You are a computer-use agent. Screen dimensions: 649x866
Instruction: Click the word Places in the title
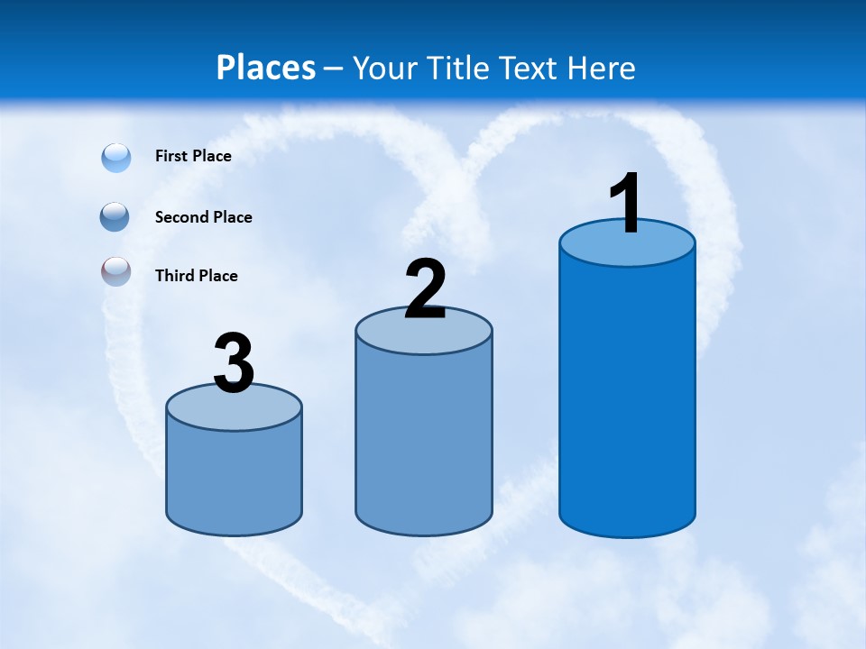(266, 68)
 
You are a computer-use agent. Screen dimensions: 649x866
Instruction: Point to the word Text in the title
(531, 68)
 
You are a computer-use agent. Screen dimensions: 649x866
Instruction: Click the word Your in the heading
(384, 68)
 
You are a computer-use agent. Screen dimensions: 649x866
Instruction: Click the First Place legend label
(193, 156)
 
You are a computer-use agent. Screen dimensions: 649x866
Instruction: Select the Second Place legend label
(203, 217)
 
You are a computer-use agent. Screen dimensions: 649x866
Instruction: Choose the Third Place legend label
(196, 276)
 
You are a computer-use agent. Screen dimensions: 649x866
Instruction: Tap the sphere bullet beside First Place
(116, 158)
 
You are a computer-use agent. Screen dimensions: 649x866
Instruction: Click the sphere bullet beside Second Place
(115, 217)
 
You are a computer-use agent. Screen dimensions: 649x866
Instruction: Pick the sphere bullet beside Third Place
(116, 272)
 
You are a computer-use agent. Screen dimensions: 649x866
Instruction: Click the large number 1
(625, 204)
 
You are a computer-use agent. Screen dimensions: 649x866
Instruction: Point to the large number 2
(425, 288)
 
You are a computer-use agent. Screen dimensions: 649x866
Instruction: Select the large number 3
(234, 364)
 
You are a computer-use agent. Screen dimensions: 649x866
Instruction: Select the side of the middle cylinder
(424, 442)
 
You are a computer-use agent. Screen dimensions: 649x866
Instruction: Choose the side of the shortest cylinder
(234, 478)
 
